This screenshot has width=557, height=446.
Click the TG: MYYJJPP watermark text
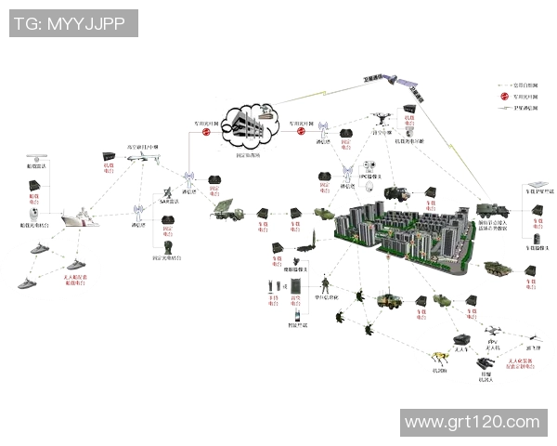tap(71, 21)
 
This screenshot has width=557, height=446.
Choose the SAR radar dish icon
tap(168, 187)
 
